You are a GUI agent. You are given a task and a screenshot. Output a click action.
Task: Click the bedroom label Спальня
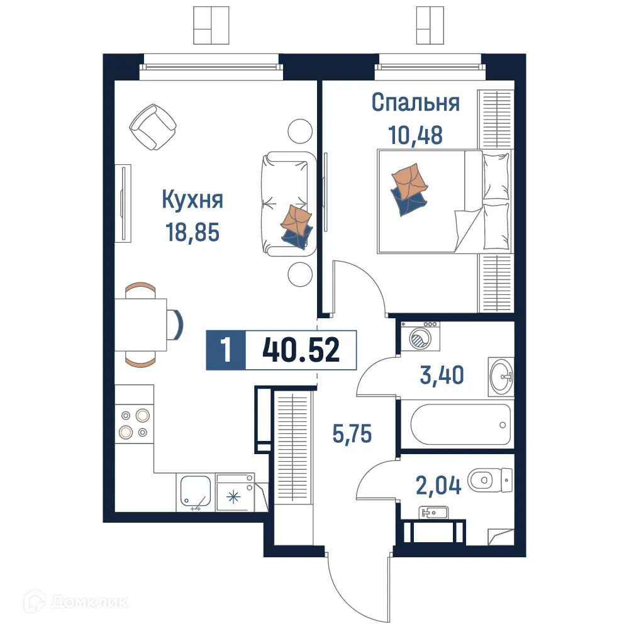(415, 103)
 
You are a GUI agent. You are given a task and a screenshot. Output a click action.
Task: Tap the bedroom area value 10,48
(415, 135)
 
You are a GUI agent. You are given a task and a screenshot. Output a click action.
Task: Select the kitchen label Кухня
(192, 201)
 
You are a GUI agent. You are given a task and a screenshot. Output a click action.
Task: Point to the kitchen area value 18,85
(192, 233)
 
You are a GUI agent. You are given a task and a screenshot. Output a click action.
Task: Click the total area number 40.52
(301, 350)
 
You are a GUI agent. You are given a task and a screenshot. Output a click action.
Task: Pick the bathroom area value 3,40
(442, 376)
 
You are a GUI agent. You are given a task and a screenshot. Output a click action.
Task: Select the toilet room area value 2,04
(439, 485)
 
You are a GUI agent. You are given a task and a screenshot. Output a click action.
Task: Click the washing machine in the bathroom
(420, 339)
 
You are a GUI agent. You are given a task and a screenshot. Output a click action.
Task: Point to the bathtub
(460, 424)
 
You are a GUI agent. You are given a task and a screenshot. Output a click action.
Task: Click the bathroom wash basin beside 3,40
(501, 376)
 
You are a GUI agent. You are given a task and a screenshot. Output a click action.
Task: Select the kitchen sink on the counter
(196, 491)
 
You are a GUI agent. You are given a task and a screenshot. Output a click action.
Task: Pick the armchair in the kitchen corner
(152, 127)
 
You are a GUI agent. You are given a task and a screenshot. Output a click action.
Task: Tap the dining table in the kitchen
(140, 325)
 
